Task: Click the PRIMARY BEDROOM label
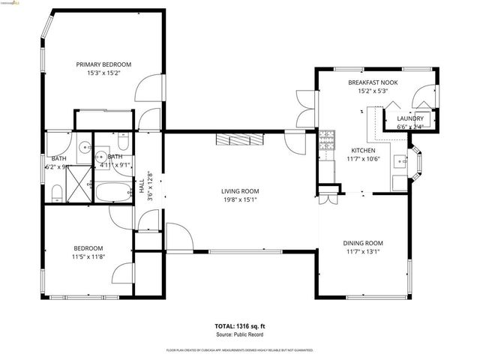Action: click(104, 64)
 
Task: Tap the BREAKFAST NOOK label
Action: click(373, 82)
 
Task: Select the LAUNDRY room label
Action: click(409, 118)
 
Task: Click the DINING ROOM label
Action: click(363, 243)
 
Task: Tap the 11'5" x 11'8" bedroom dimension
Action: click(88, 256)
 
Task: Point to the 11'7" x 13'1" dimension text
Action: click(363, 252)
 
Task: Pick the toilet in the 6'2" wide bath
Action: click(58, 195)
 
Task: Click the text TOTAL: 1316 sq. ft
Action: click(240, 327)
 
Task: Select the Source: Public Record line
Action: click(240, 335)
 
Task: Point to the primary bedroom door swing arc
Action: click(147, 88)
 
